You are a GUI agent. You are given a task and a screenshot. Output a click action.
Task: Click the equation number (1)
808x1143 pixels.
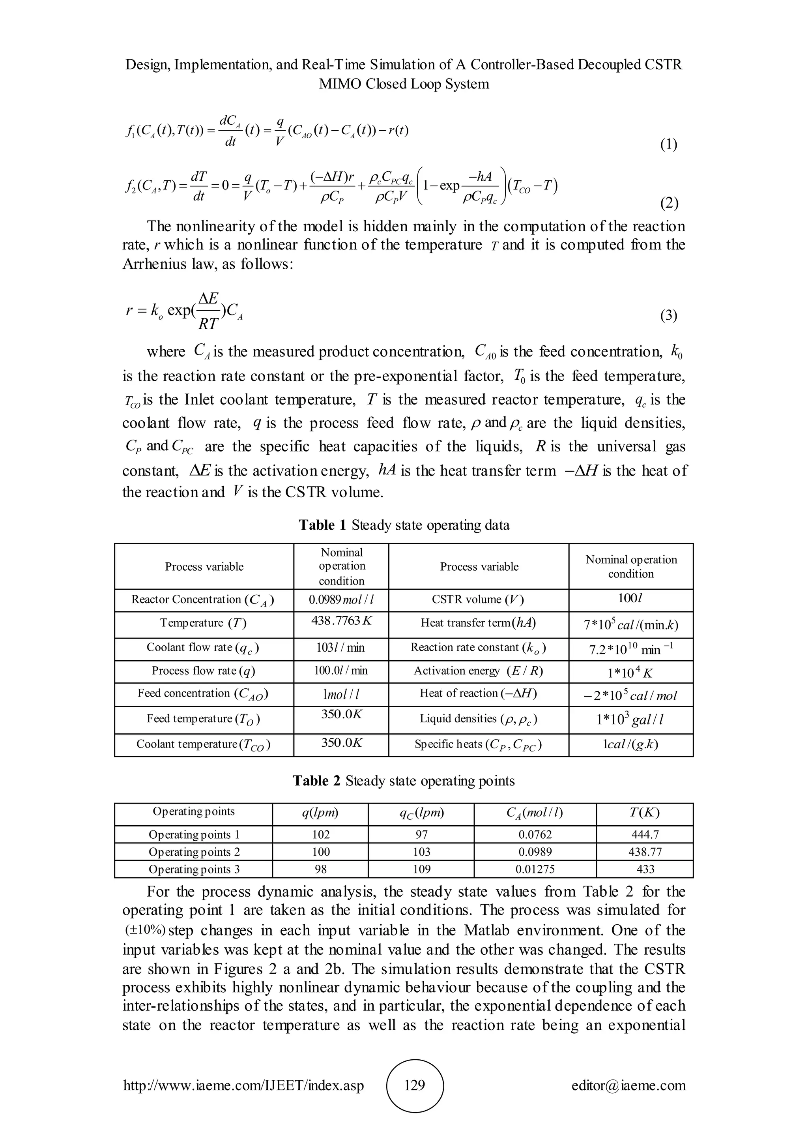(x=668, y=145)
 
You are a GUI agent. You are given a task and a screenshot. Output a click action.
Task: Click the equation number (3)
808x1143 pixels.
(x=668, y=315)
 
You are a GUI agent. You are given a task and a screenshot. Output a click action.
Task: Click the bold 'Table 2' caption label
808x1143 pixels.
(x=316, y=781)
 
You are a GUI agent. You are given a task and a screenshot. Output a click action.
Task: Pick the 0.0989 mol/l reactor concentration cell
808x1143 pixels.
(x=341, y=600)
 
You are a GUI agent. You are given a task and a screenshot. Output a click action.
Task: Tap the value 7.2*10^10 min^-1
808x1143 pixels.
(x=630, y=650)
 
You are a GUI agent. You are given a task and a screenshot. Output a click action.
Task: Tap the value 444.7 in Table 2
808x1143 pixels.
(x=644, y=834)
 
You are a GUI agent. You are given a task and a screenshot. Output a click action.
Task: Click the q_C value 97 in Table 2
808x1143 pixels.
(x=421, y=834)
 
